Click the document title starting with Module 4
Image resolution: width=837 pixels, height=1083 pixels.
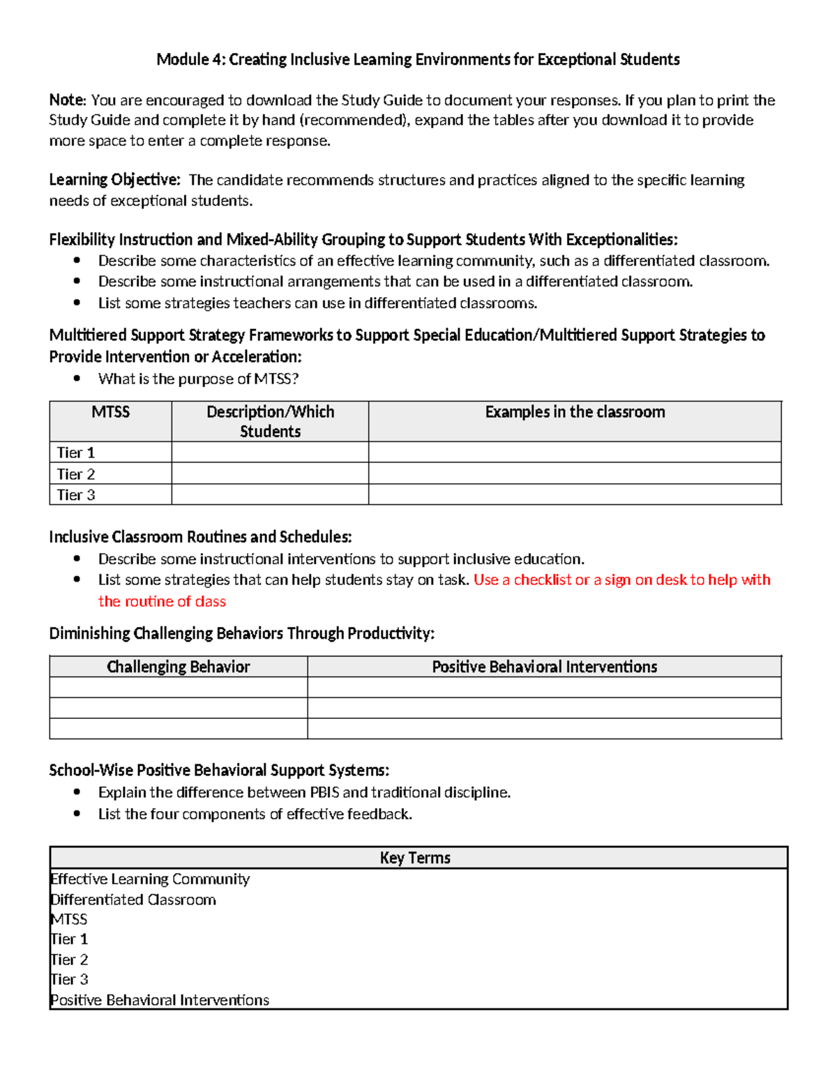coord(418,59)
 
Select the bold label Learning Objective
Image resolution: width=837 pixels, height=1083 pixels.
coord(114,180)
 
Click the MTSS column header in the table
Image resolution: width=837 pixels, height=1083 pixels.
coord(110,412)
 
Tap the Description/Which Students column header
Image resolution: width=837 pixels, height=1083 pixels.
coord(270,421)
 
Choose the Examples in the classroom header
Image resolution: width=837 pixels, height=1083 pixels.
coord(575,412)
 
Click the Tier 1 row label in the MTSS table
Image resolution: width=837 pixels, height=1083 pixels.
coord(75,453)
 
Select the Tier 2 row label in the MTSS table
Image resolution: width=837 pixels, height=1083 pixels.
coord(75,474)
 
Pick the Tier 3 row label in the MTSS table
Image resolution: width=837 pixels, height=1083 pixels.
coord(75,495)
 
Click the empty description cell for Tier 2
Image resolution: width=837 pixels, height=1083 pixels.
coord(270,474)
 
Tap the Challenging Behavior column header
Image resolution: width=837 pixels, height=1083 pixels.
coord(178,667)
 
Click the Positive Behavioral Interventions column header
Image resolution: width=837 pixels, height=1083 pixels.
coord(544,667)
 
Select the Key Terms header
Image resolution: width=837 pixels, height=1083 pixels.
coord(415,858)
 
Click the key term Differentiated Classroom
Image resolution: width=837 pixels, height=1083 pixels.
coord(133,900)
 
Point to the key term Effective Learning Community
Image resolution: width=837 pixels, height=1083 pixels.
coord(150,879)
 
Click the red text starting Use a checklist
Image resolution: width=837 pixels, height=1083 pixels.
coord(621,580)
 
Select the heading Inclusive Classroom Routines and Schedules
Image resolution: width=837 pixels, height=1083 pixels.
coord(200,537)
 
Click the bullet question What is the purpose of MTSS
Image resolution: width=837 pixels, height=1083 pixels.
coord(198,379)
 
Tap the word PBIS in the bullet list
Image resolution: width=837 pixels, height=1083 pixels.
coord(322,793)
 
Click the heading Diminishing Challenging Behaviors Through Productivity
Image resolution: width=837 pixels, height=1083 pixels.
coord(241,633)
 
